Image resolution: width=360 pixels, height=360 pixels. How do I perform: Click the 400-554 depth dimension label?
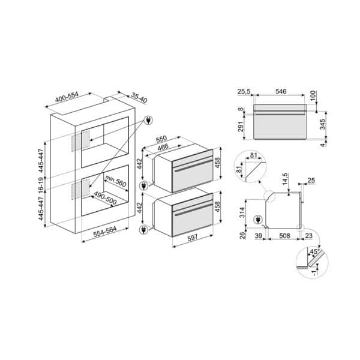point(67,97)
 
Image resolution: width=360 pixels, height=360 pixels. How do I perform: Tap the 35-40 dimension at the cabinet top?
point(139,98)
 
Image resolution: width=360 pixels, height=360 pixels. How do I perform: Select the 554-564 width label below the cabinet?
point(105,232)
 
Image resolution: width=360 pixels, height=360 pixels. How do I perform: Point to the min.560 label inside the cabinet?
point(116,181)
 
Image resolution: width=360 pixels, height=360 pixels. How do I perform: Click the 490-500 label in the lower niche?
point(105,198)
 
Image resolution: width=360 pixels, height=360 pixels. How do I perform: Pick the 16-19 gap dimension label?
point(41,185)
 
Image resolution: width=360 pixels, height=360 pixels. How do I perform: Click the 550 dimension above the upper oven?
point(161,139)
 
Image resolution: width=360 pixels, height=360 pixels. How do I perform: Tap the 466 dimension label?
point(163,146)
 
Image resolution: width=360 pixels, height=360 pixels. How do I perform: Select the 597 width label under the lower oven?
point(193,238)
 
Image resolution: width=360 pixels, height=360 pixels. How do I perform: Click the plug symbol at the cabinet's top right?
point(149,120)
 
